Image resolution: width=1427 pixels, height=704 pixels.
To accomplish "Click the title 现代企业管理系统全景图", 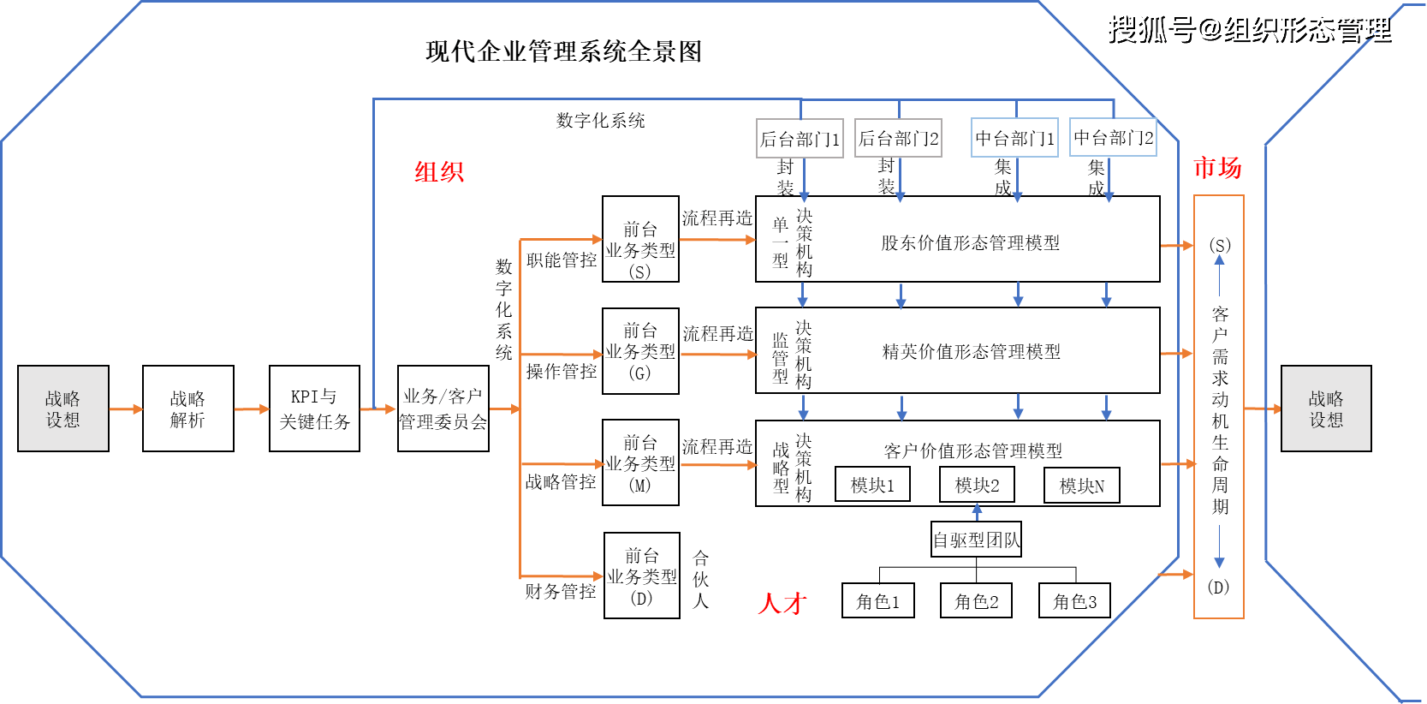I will (x=563, y=51).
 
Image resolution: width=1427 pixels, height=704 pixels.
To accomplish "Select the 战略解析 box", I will (x=187, y=409).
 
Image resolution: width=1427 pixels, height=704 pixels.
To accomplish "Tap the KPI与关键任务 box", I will (x=314, y=409).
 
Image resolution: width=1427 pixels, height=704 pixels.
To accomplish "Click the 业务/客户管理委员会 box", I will (x=443, y=409).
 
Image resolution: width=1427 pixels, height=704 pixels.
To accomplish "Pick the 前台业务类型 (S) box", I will (x=640, y=239).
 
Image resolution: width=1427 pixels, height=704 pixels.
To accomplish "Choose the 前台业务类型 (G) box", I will (x=640, y=351).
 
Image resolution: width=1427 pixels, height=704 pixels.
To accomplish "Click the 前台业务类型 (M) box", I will (x=640, y=462).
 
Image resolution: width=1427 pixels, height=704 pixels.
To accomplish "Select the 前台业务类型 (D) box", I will (x=641, y=576).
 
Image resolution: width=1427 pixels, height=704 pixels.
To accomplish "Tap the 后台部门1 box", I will (x=800, y=139).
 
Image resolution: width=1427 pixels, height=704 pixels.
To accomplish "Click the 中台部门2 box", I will (x=1113, y=138).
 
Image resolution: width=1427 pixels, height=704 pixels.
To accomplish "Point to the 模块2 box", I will (x=977, y=485).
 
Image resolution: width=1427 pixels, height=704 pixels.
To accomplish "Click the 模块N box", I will (x=1082, y=486).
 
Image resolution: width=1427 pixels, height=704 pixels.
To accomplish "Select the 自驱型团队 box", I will (x=977, y=540).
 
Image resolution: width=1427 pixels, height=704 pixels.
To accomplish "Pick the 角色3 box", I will (x=1074, y=601).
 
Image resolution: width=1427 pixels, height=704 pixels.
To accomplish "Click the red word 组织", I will (x=439, y=172).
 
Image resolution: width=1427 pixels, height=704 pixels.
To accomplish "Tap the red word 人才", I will (x=782, y=604).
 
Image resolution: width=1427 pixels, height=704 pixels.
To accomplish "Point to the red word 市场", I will (x=1216, y=168).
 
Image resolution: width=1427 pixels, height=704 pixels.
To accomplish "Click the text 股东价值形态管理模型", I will (x=970, y=243).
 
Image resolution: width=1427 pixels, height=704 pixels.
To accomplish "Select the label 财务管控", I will (x=560, y=591).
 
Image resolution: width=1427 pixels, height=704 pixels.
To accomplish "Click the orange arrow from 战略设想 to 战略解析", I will (x=126, y=409).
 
